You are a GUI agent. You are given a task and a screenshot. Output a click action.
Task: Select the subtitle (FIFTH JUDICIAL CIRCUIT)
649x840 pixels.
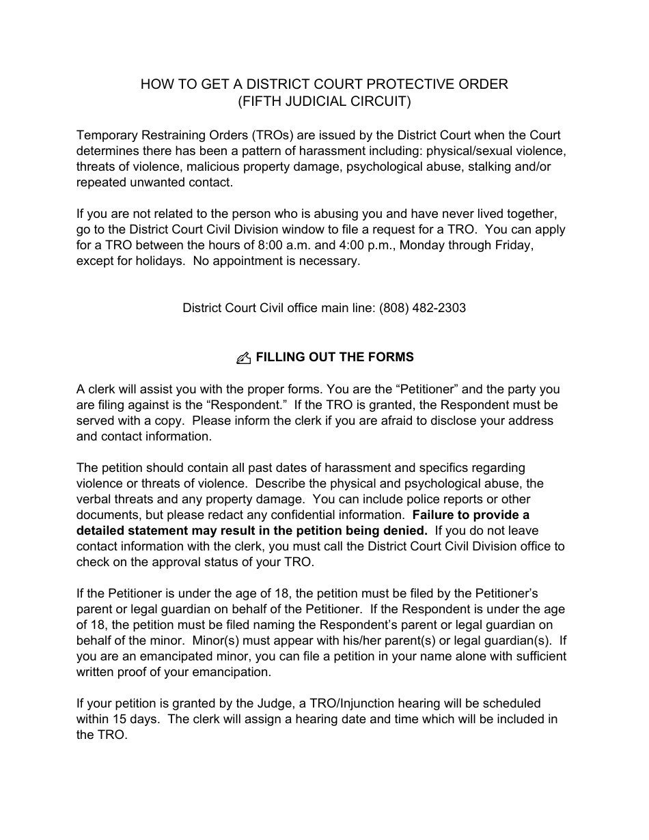324,102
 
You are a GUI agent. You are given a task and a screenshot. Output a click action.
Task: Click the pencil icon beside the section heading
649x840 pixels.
243,358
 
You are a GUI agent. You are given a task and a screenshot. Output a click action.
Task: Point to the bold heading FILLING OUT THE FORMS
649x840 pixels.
335,357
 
